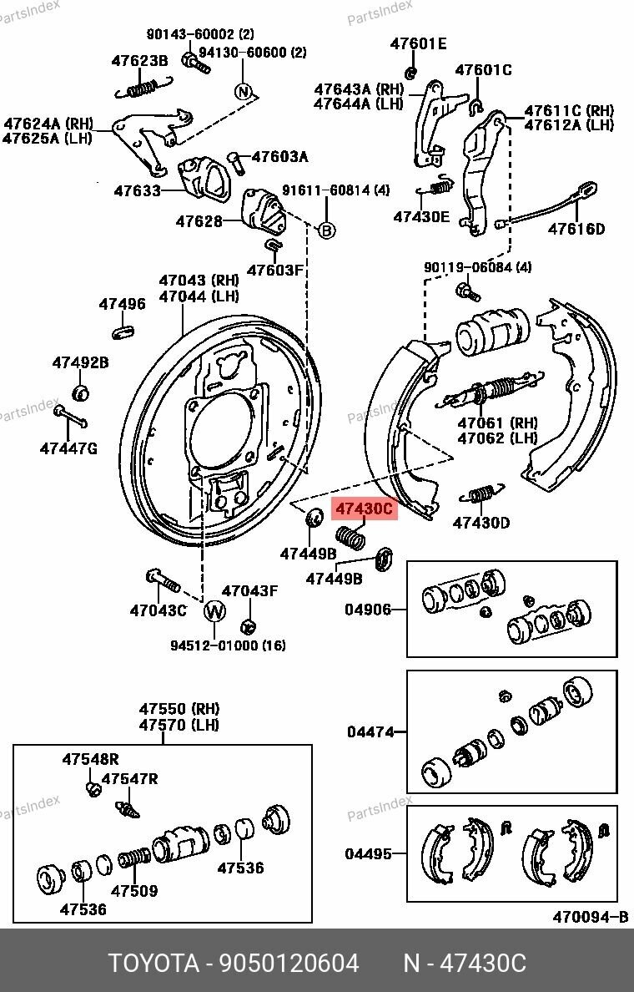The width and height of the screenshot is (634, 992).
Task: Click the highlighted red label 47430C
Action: [364, 508]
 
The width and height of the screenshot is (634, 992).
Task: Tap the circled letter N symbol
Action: [243, 91]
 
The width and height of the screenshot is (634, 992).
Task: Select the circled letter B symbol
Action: [327, 230]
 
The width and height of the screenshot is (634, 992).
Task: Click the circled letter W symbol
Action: [214, 611]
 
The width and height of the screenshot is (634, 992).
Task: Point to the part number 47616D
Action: [576, 229]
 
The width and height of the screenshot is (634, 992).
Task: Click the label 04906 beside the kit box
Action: [368, 610]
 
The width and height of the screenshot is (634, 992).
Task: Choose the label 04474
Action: [370, 732]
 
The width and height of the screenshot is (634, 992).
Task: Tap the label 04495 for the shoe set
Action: [368, 853]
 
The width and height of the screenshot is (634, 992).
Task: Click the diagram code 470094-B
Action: [590, 917]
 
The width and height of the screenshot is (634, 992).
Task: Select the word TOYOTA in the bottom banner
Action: [153, 964]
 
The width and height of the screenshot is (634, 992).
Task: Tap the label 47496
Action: [123, 304]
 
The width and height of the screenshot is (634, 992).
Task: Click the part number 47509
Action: [134, 891]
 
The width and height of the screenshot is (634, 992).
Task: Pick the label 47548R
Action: [90, 759]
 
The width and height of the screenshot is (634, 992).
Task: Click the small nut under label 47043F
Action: [247, 625]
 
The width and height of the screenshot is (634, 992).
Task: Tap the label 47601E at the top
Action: [418, 43]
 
